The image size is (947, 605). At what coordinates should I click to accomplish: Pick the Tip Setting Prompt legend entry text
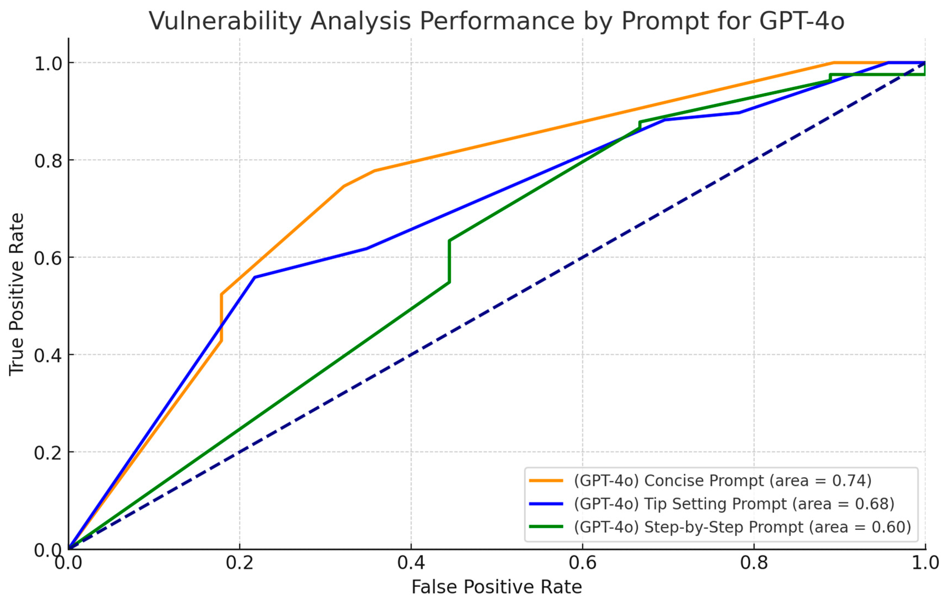click(734, 504)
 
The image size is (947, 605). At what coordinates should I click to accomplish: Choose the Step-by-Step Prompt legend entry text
click(742, 527)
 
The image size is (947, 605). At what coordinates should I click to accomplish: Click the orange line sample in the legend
click(546, 480)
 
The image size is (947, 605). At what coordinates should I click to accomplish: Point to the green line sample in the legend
click(546, 527)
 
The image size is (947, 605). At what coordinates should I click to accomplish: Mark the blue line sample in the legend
click(546, 504)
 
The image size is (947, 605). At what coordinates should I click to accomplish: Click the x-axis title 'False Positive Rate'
click(496, 587)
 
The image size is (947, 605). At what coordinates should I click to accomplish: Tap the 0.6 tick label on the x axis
click(582, 563)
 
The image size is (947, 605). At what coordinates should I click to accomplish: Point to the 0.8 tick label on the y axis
click(48, 160)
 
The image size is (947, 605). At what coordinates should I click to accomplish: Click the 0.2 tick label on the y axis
click(48, 452)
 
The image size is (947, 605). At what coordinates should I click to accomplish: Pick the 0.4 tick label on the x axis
click(411, 563)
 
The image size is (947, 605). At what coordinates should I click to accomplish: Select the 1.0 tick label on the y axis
click(48, 63)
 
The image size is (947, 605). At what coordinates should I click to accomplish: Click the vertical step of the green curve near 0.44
click(449, 261)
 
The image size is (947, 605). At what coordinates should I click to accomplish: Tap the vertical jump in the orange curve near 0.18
click(221, 318)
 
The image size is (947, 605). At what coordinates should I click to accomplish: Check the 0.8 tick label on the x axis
click(754, 563)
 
